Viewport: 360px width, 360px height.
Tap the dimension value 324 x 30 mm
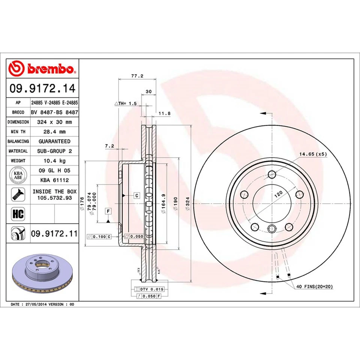click(x=54, y=122)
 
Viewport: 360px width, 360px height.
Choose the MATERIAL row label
click(x=18, y=151)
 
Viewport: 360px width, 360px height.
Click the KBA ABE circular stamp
click(x=18, y=175)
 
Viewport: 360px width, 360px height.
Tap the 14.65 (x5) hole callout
click(x=313, y=154)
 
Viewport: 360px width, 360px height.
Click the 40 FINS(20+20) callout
click(x=314, y=286)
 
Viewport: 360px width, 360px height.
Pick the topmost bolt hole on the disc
click(x=272, y=174)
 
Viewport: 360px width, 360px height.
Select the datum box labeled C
click(x=137, y=195)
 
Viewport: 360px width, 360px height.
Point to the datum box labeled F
click(x=108, y=211)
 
